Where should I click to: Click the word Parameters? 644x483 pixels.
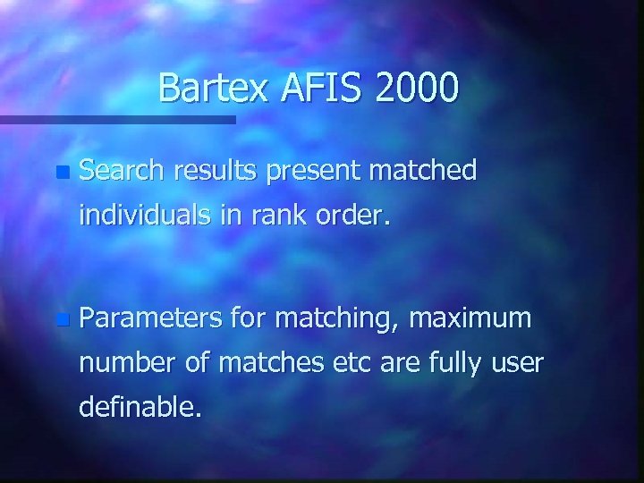click(x=152, y=318)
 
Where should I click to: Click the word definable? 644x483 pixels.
click(x=140, y=409)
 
